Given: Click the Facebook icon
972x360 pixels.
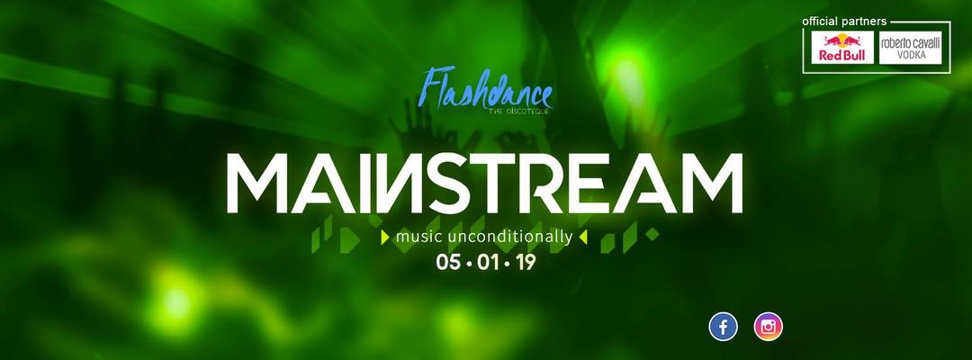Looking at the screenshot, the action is point(723,327).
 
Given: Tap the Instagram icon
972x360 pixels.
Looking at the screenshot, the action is point(768,327).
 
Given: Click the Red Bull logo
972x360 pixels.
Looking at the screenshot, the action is point(842,48).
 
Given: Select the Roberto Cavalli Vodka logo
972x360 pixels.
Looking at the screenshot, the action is point(910,48).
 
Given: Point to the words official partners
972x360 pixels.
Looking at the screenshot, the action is point(844,21).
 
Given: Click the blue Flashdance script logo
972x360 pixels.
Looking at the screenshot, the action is point(486,90).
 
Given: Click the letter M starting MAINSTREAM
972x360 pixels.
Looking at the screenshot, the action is point(262,183).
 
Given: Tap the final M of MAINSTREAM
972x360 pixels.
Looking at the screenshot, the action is point(706,183).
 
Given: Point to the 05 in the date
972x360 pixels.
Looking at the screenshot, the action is point(449,263).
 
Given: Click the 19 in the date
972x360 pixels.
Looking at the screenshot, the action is point(525,263).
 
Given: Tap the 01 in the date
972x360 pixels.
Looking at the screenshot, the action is point(487,263).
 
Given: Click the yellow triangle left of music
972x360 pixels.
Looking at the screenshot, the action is point(385,237).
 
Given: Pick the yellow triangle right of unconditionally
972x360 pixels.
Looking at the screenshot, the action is point(582,237).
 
